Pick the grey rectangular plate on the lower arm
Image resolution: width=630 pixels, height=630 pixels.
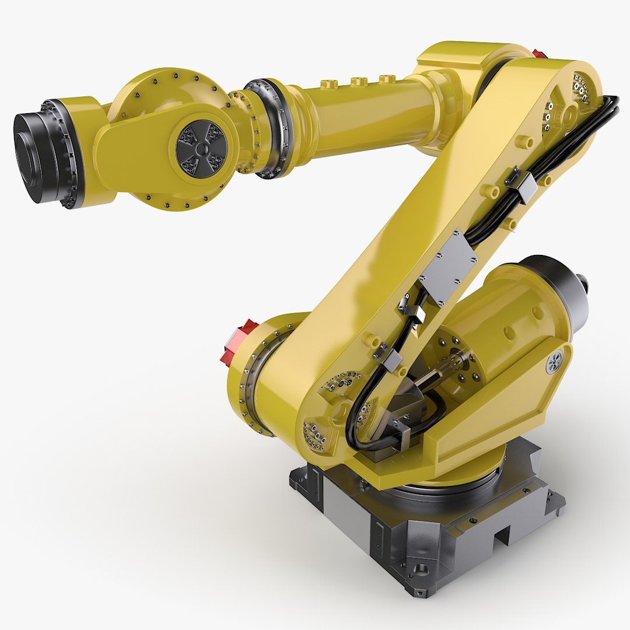tap(448, 266)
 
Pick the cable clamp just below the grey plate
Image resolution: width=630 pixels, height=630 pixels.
tap(412, 309)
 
